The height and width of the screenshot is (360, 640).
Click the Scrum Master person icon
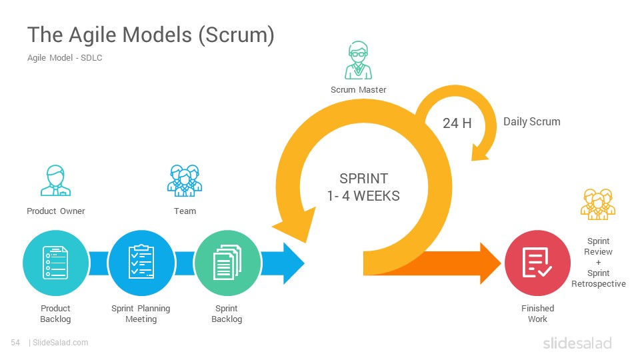point(358,60)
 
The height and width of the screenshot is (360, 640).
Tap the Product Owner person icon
point(55,181)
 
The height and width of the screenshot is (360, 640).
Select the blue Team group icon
point(185,181)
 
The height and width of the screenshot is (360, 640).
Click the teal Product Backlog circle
point(55,263)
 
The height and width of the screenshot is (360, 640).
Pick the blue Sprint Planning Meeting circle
point(141,263)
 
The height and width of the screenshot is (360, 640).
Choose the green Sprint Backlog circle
point(227,263)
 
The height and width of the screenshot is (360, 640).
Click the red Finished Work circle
point(537,263)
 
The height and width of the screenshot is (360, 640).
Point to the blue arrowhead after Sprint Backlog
point(293,263)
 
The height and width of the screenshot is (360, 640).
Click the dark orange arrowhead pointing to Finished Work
point(490,263)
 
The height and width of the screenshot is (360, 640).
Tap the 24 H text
point(457,123)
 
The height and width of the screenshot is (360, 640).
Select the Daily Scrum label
point(531,121)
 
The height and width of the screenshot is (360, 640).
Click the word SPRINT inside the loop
point(364,179)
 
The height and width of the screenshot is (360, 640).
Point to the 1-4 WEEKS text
point(363,196)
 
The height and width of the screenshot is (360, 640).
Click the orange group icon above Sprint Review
point(598,204)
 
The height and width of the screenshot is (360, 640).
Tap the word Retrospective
point(599,284)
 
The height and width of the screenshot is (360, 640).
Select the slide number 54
point(15,343)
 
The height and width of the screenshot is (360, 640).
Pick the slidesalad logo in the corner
point(577,343)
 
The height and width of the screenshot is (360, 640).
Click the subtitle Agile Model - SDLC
point(65,58)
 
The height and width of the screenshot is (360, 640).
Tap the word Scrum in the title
point(236,35)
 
